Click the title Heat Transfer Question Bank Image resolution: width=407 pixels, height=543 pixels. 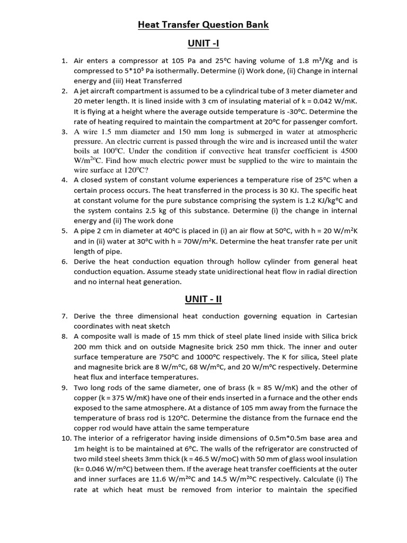point(203,24)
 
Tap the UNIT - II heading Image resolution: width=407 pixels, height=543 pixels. point(203,299)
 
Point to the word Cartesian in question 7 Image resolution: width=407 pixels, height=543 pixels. point(339,316)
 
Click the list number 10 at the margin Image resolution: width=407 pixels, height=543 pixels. point(66,439)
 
